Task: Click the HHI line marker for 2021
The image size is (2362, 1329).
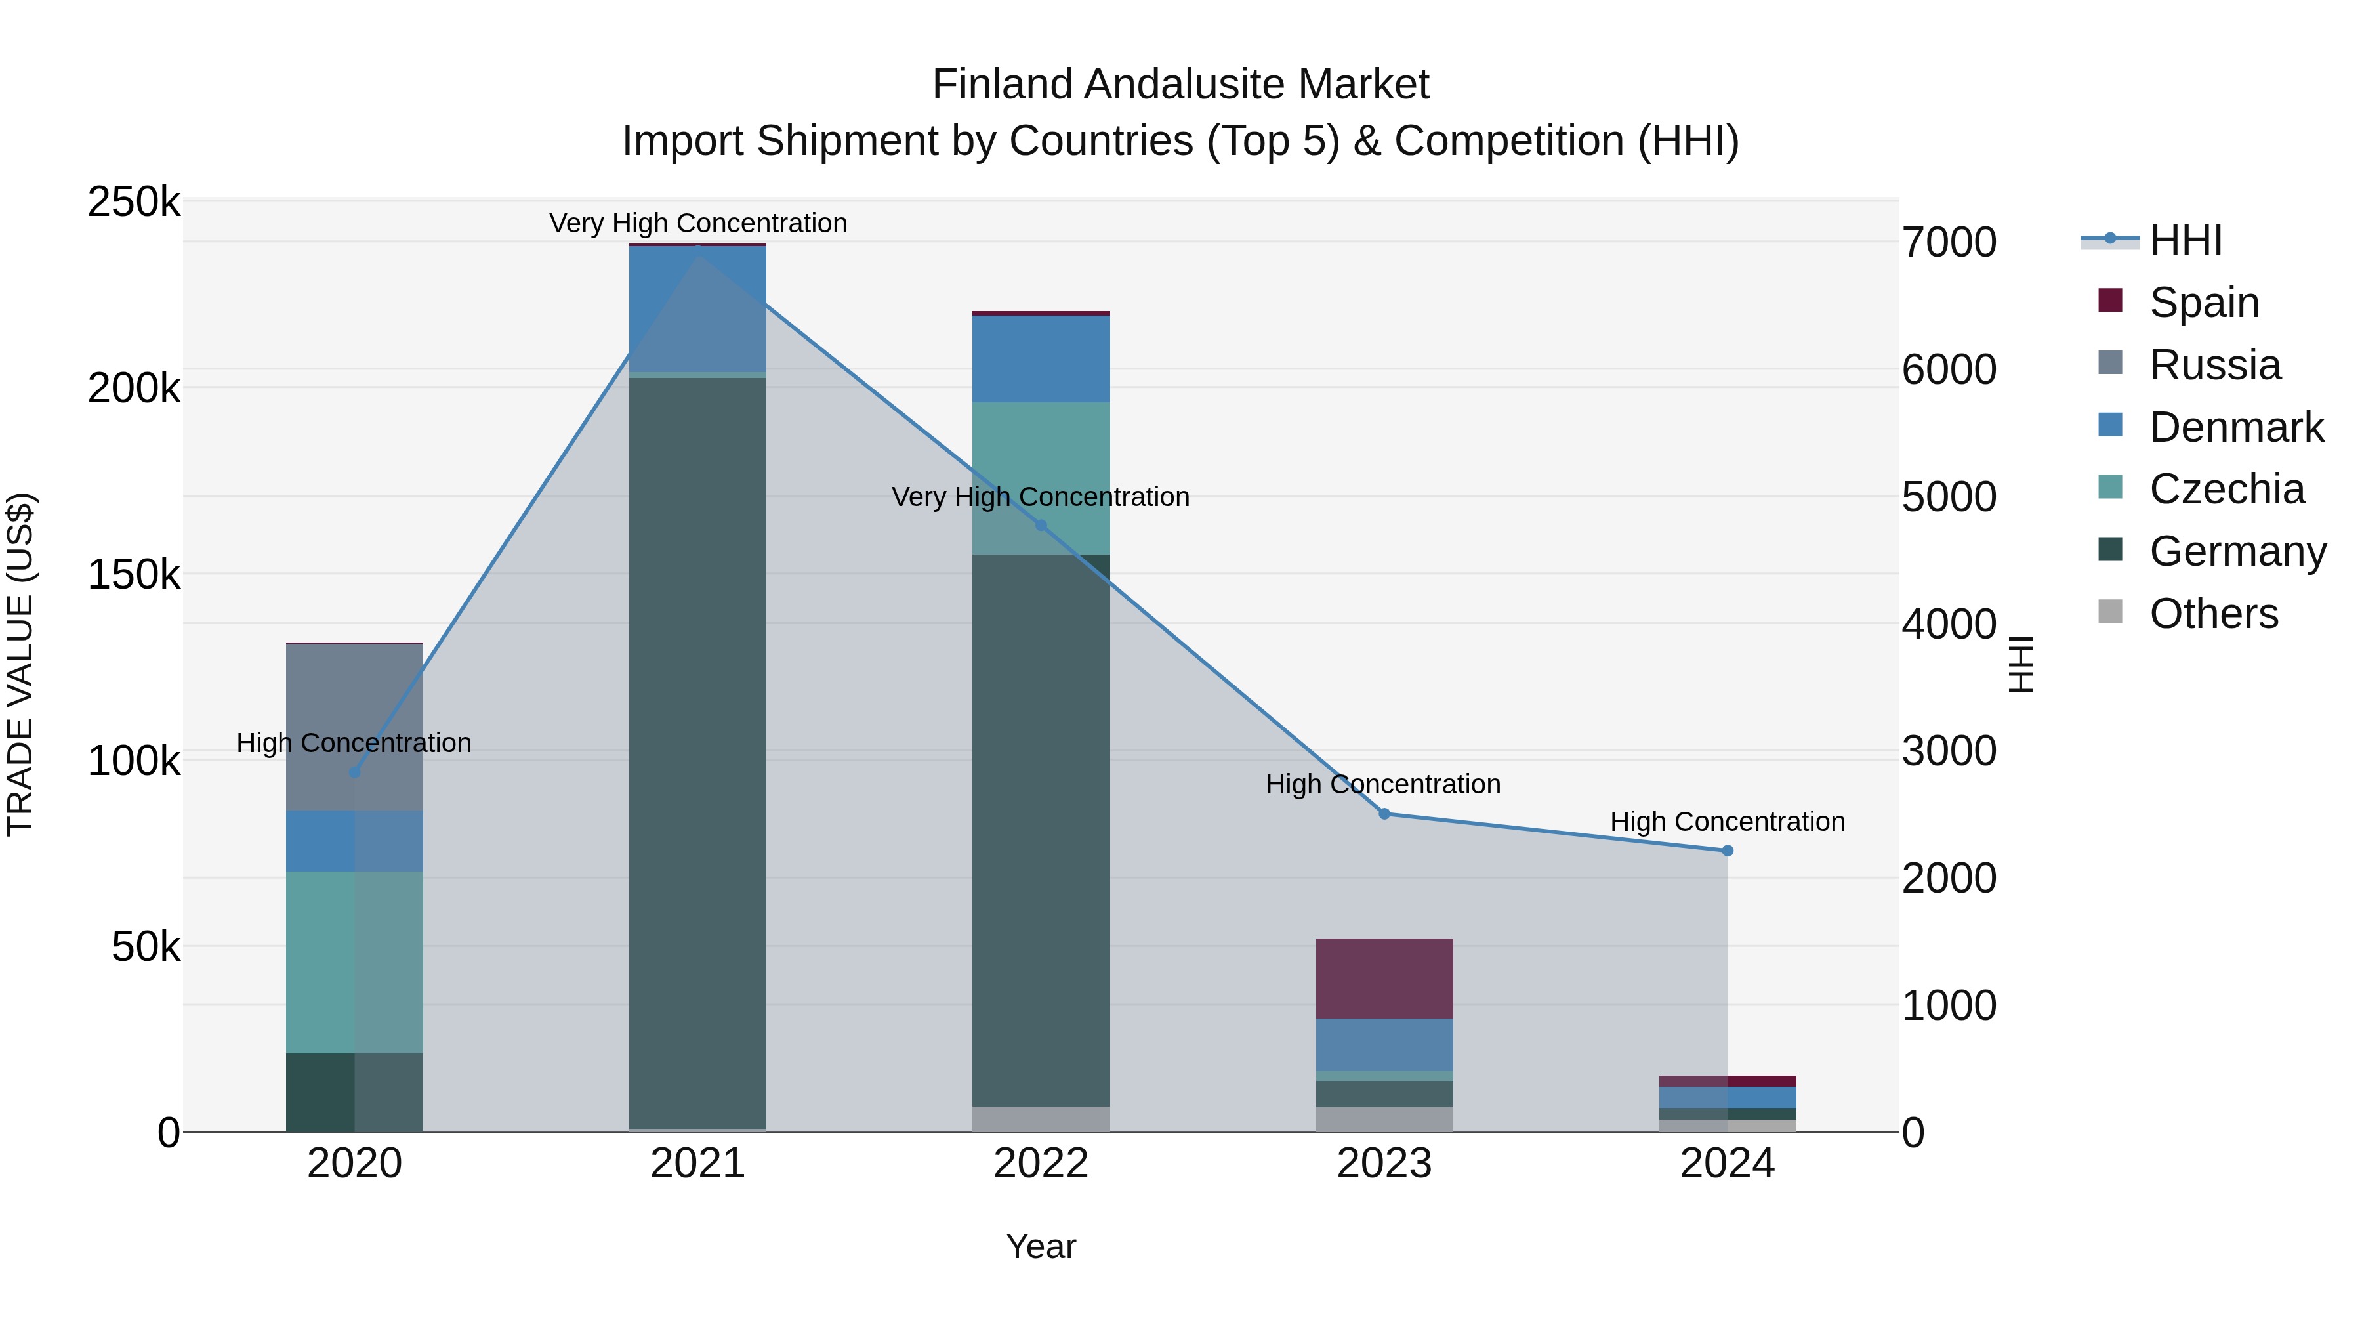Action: point(698,249)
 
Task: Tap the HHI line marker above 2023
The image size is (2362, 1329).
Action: point(1384,814)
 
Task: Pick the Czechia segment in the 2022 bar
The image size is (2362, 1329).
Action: point(1041,478)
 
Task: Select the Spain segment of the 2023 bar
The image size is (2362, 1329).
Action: point(1384,978)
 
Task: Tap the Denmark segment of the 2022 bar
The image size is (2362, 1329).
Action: point(1041,358)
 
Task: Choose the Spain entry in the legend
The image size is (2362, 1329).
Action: point(2203,303)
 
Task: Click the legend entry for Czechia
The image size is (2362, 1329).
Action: point(2226,489)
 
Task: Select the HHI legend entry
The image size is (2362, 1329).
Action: point(2185,240)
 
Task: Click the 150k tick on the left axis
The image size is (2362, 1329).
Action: point(134,575)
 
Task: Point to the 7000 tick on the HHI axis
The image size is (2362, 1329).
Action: point(1949,243)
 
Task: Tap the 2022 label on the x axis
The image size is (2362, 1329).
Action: point(1041,1164)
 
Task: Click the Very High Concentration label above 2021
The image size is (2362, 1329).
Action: point(698,223)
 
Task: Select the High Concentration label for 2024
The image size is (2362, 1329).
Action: point(1728,822)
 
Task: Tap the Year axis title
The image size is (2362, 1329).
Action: point(1041,1246)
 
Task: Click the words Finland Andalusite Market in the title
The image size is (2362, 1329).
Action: point(1180,85)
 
